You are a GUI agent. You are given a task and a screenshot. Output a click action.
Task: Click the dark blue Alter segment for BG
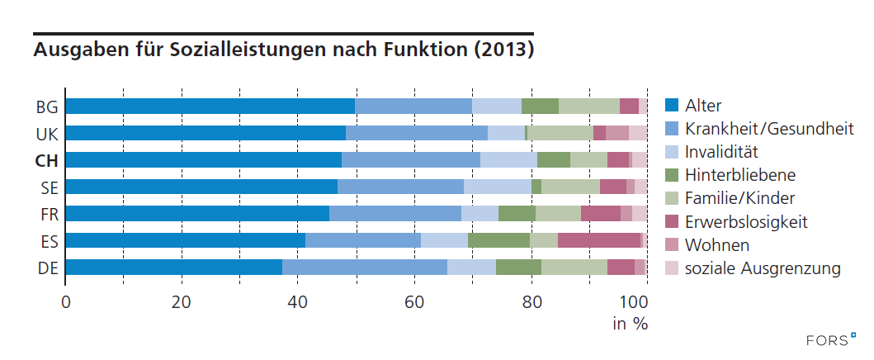click(x=210, y=106)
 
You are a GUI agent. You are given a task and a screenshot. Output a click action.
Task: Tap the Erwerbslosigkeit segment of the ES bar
click(x=599, y=240)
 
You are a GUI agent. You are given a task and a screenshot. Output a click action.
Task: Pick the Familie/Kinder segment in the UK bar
click(x=560, y=133)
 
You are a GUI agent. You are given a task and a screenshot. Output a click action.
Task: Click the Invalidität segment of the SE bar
click(x=497, y=187)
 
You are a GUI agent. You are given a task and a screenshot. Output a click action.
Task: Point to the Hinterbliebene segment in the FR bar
click(x=517, y=213)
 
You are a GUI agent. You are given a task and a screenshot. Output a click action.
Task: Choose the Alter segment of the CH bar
click(x=203, y=159)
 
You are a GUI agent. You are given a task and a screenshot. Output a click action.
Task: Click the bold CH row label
click(x=45, y=160)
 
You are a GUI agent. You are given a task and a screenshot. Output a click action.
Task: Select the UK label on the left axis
click(x=46, y=133)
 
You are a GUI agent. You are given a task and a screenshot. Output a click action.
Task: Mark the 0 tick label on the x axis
click(x=65, y=301)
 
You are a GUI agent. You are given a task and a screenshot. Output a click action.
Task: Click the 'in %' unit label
click(x=630, y=324)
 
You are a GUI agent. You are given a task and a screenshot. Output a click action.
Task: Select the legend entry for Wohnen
click(x=717, y=245)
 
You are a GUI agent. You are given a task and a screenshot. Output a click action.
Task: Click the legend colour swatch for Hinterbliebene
click(x=672, y=175)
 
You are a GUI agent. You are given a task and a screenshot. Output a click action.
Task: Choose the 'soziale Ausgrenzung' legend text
click(x=763, y=268)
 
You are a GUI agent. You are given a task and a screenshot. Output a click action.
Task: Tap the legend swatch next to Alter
click(x=672, y=105)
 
